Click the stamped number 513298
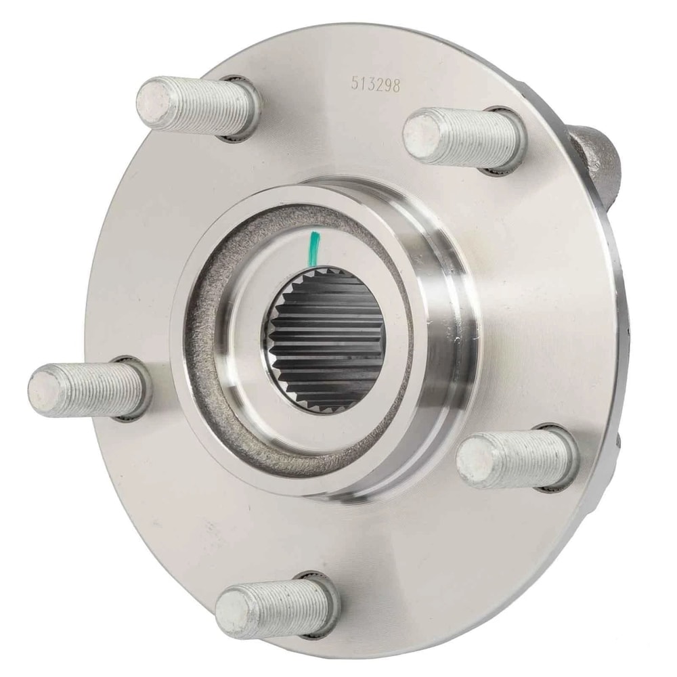375,83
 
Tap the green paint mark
314,248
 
